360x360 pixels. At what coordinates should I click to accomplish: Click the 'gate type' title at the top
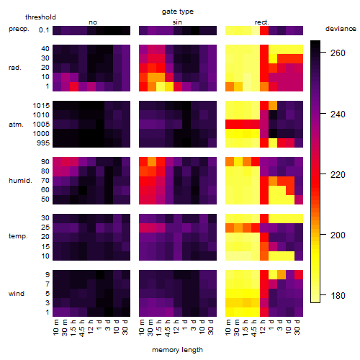pyautogui.click(x=178, y=12)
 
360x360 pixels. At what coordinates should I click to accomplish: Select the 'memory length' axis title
pyautogui.click(x=177, y=350)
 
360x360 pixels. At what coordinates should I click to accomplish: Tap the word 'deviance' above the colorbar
pyautogui.click(x=341, y=29)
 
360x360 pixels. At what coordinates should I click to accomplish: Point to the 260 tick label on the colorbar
pyautogui.click(x=338, y=53)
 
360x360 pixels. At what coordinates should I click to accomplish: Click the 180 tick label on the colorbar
pyautogui.click(x=338, y=296)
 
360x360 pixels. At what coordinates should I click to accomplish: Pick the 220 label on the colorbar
pyautogui.click(x=338, y=174)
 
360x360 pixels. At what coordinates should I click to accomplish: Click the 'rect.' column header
pyautogui.click(x=262, y=22)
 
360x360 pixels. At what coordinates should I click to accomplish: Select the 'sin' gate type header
pyautogui.click(x=177, y=22)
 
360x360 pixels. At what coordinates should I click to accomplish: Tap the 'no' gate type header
pyautogui.click(x=93, y=22)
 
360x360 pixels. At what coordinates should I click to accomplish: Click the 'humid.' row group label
pyautogui.click(x=20, y=181)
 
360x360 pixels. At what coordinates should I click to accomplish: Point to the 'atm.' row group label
pyautogui.click(x=16, y=125)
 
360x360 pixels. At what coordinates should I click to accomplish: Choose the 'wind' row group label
pyautogui.click(x=17, y=294)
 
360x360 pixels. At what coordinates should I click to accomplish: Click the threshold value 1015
pyautogui.click(x=41, y=106)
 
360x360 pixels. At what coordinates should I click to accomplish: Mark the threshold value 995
pyautogui.click(x=43, y=143)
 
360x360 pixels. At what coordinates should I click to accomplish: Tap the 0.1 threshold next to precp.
pyautogui.click(x=44, y=30)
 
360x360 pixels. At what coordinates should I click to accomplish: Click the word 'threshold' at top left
pyautogui.click(x=40, y=17)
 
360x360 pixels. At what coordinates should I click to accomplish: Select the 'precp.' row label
pyautogui.click(x=19, y=29)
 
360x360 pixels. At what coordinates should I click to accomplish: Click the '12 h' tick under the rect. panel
pyautogui.click(x=262, y=327)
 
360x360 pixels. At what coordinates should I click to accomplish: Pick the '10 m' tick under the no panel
pyautogui.click(x=55, y=328)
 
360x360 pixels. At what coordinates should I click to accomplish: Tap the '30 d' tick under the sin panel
pyautogui.click(x=211, y=327)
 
